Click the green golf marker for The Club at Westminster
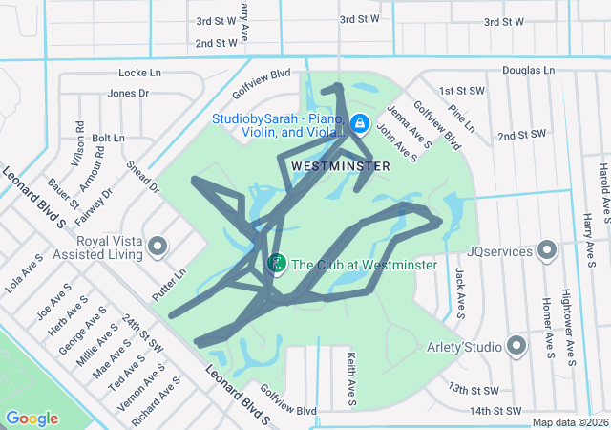click(x=277, y=262)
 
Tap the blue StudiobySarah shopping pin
click(x=360, y=123)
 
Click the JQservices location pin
click(x=547, y=250)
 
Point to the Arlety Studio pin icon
click(x=517, y=345)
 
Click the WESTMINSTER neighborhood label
click(x=341, y=166)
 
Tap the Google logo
click(x=32, y=419)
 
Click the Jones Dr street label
click(x=129, y=94)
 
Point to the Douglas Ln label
click(x=528, y=71)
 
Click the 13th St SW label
click(x=474, y=390)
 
